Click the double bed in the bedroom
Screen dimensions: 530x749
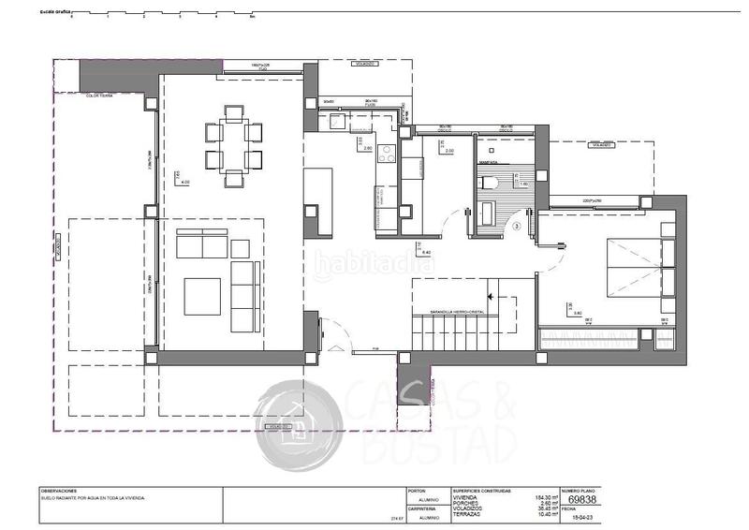[x=635, y=266]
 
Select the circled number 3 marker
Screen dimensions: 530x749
[x=517, y=225]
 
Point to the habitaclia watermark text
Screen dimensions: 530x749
[x=374, y=264]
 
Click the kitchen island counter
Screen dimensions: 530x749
[x=319, y=200]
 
